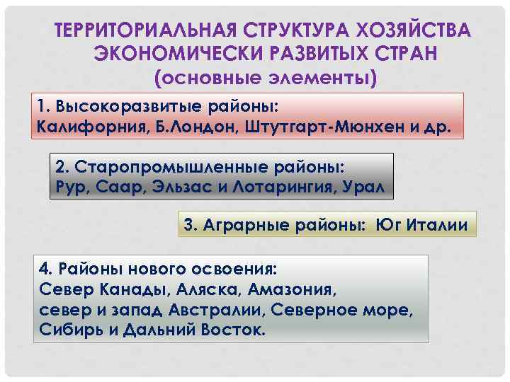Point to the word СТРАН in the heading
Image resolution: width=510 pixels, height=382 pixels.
coord(402,54)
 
